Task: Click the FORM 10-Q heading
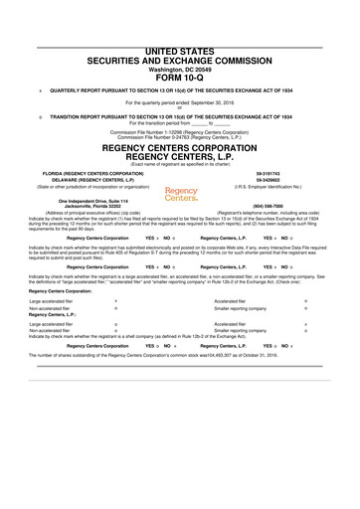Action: click(179, 71)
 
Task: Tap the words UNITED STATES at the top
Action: click(180, 49)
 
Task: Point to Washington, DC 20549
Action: click(179, 61)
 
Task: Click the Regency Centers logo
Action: click(181, 193)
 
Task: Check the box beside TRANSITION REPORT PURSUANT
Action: click(37, 115)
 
